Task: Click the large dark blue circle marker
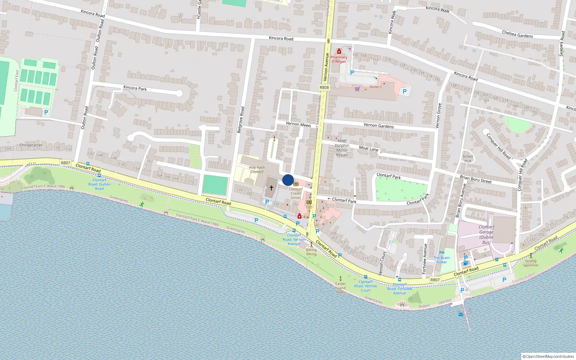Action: click(288, 180)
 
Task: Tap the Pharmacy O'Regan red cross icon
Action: click(339, 51)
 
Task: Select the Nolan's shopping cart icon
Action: click(357, 89)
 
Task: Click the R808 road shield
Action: click(324, 87)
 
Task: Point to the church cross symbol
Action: click(271, 188)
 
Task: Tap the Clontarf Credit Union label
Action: click(296, 193)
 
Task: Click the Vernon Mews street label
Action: click(298, 124)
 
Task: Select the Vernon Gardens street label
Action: click(378, 125)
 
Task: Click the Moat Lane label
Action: click(369, 148)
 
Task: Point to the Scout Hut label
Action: click(468, 158)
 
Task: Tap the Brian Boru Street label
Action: click(475, 179)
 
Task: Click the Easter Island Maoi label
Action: click(340, 288)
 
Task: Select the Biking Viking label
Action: click(311, 252)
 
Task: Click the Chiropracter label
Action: click(31, 145)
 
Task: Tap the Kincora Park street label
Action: click(135, 88)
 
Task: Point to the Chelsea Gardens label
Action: click(517, 34)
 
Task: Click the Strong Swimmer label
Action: click(531, 263)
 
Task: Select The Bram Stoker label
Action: click(441, 260)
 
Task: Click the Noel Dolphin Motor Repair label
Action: click(342, 148)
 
